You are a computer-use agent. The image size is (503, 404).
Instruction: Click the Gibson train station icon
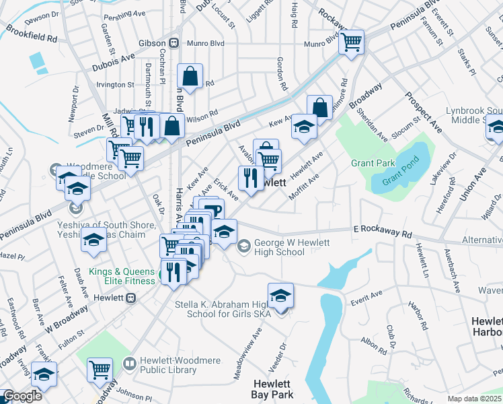[173, 42]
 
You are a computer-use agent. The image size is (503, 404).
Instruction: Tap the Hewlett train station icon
[132, 297]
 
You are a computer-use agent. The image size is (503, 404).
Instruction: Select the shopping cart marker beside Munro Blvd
[351, 41]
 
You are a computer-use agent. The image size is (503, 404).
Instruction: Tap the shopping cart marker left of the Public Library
[100, 368]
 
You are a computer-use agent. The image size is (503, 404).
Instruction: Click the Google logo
[22, 396]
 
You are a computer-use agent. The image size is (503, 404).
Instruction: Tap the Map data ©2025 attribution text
[474, 399]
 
